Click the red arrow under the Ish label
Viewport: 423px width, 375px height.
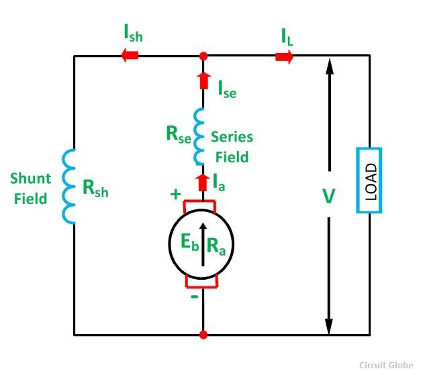pyautogui.click(x=130, y=56)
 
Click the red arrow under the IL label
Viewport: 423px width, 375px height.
pyautogui.click(x=284, y=56)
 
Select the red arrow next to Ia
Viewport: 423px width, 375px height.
pyautogui.click(x=203, y=181)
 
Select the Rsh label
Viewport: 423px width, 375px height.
pyautogui.click(x=95, y=190)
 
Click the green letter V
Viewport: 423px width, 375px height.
pyautogui.click(x=328, y=197)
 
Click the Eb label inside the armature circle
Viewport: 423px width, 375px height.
pyautogui.click(x=189, y=245)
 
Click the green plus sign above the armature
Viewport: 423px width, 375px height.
pyautogui.click(x=176, y=195)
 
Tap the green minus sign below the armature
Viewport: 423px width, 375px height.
pyautogui.click(x=194, y=295)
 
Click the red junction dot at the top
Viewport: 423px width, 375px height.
pyautogui.click(x=203, y=56)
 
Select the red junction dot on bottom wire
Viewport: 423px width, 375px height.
pyautogui.click(x=203, y=333)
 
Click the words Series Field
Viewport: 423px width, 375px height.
pyautogui.click(x=232, y=147)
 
